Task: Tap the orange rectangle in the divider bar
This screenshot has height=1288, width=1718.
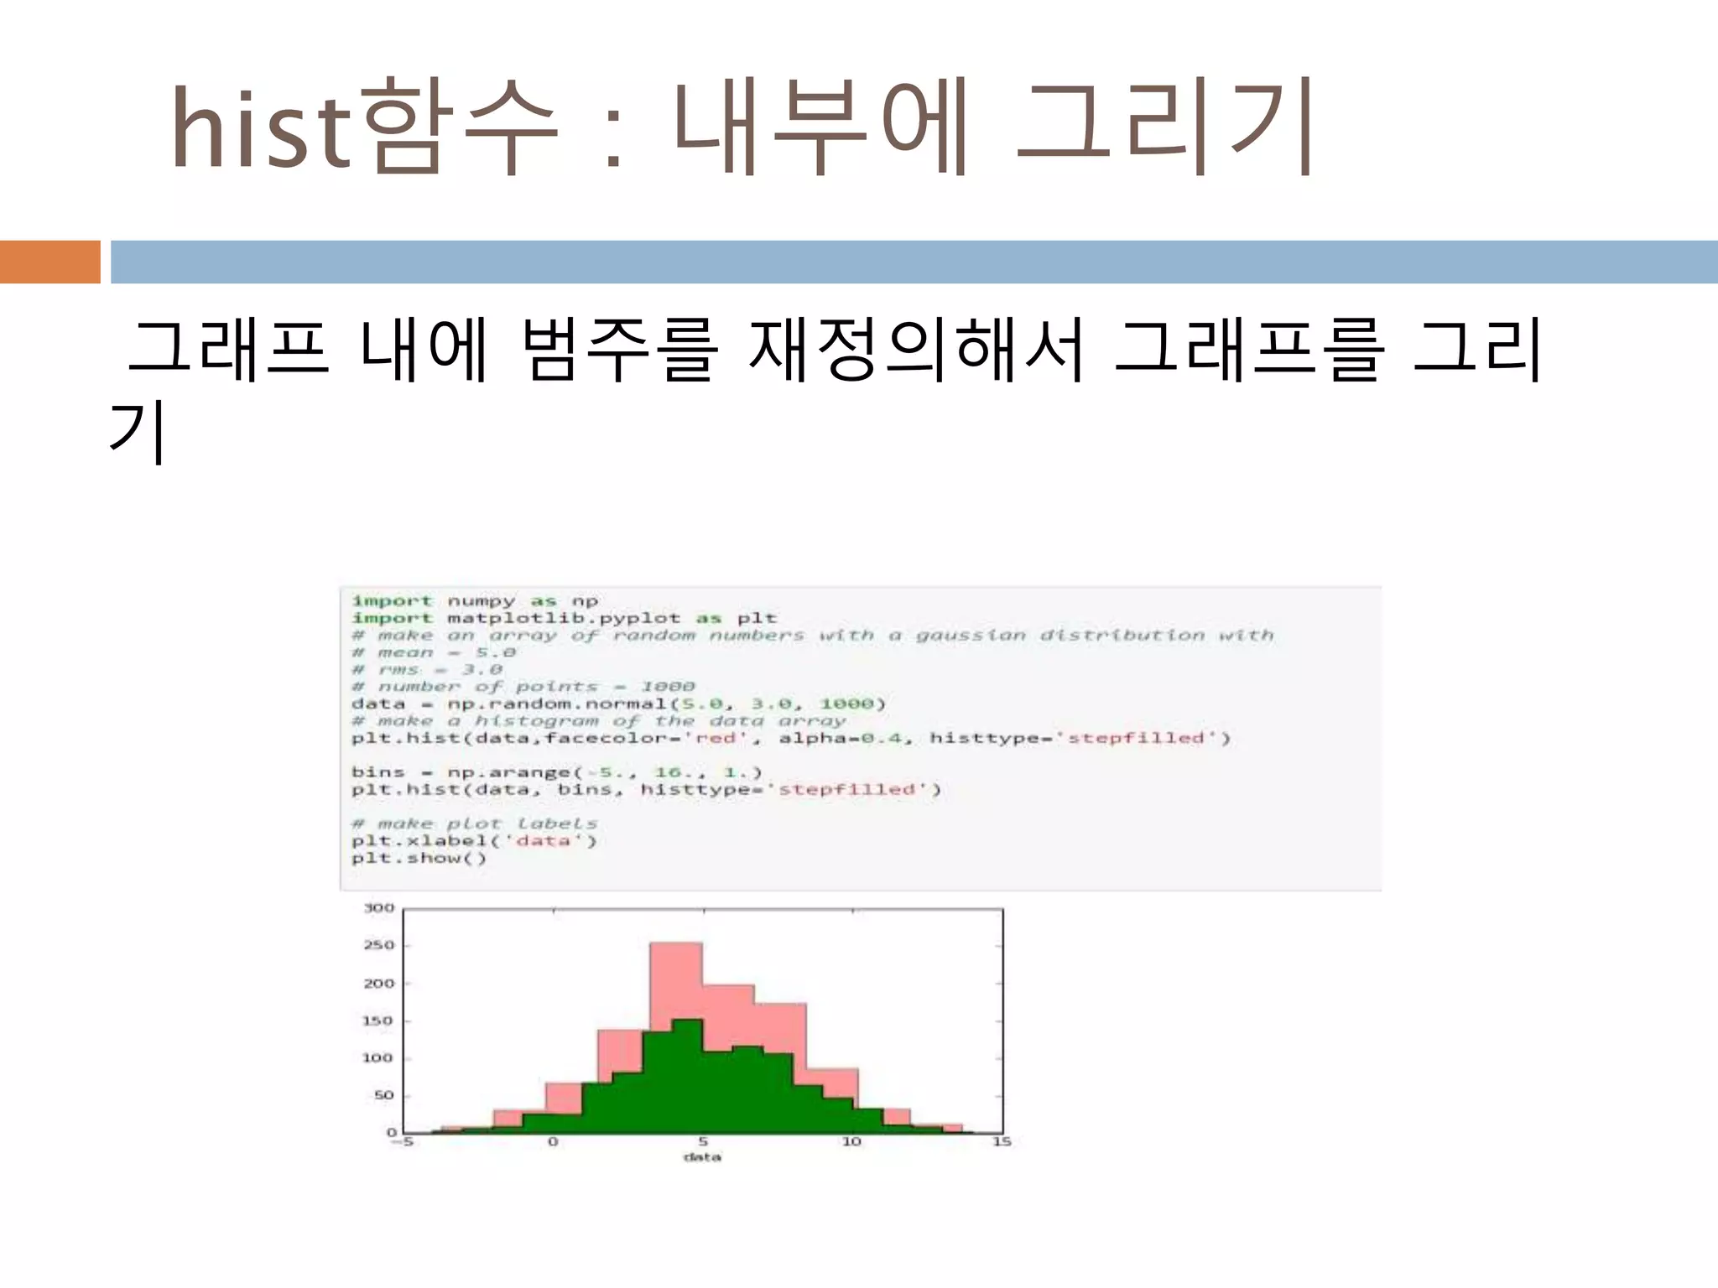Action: pos(49,262)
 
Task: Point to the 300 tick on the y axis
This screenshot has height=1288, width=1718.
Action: pos(378,908)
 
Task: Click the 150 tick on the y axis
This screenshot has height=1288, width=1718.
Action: pos(378,1021)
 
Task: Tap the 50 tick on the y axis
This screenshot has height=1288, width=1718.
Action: pos(383,1095)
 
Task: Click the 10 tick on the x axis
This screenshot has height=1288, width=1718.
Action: pos(851,1142)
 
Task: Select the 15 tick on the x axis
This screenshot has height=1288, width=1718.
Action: pos(1002,1142)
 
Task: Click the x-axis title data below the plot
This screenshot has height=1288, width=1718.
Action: pos(702,1157)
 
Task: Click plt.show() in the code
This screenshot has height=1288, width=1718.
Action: pos(419,858)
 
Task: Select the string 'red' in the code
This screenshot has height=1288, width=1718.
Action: pos(716,738)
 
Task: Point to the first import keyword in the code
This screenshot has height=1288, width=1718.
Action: pos(392,600)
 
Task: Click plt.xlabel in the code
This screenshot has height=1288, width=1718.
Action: pos(419,840)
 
